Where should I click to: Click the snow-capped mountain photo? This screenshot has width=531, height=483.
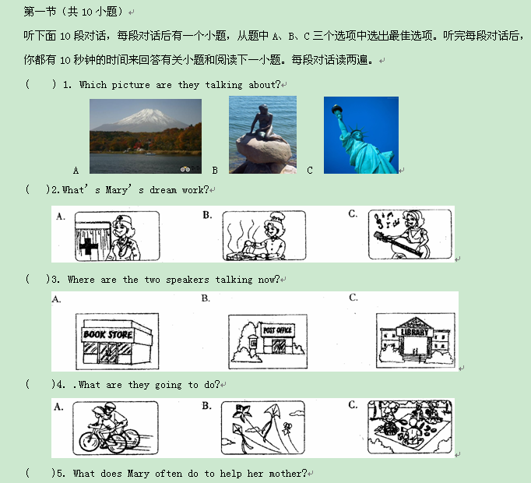pyautogui.click(x=146, y=136)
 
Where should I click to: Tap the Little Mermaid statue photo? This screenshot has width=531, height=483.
pyautogui.click(x=263, y=135)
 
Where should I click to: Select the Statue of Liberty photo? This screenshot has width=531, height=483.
pyautogui.click(x=361, y=136)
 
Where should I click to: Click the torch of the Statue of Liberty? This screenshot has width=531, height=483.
pyautogui.click(x=337, y=110)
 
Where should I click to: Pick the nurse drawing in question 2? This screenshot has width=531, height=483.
pyautogui.click(x=117, y=236)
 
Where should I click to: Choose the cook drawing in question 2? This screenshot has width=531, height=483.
pyautogui.click(x=264, y=235)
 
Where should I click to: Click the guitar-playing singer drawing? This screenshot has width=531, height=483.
pyautogui.click(x=410, y=234)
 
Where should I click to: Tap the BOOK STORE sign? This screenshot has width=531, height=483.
pyautogui.click(x=108, y=334)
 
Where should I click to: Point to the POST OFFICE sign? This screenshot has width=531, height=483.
pyautogui.click(x=277, y=330)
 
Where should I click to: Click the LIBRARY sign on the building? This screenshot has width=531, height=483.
pyautogui.click(x=415, y=332)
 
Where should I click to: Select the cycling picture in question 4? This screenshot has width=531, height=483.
pyautogui.click(x=115, y=428)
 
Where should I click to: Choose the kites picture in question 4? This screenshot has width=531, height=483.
pyautogui.click(x=263, y=428)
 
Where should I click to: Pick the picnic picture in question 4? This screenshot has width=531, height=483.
pyautogui.click(x=410, y=427)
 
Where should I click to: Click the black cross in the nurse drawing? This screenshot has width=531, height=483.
pyautogui.click(x=88, y=246)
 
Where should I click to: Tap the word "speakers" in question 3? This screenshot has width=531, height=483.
pyautogui.click(x=188, y=280)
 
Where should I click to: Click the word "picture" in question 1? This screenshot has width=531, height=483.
pyautogui.click(x=131, y=85)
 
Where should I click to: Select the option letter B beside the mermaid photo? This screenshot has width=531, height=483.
pyautogui.click(x=215, y=170)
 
